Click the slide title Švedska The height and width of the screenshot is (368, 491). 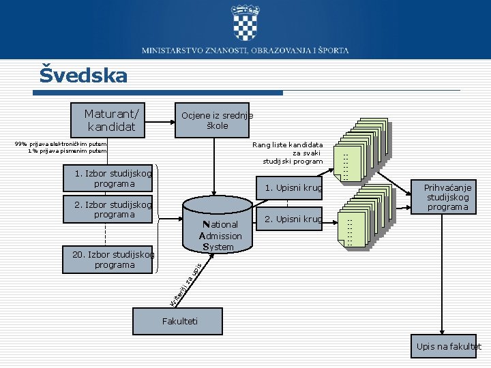tap(83, 75)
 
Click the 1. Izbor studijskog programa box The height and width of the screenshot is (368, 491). tap(108, 179)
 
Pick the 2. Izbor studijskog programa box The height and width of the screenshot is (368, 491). tap(108, 209)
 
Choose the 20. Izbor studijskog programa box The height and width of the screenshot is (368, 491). tap(108, 260)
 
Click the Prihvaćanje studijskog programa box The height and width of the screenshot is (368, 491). tap(447, 197)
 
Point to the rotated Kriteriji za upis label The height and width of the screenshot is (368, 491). tap(185, 283)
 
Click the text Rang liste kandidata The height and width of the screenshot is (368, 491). tap(287, 144)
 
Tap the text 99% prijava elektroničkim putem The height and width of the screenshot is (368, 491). tap(61, 144)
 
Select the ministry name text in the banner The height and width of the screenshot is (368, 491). tap(245, 50)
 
